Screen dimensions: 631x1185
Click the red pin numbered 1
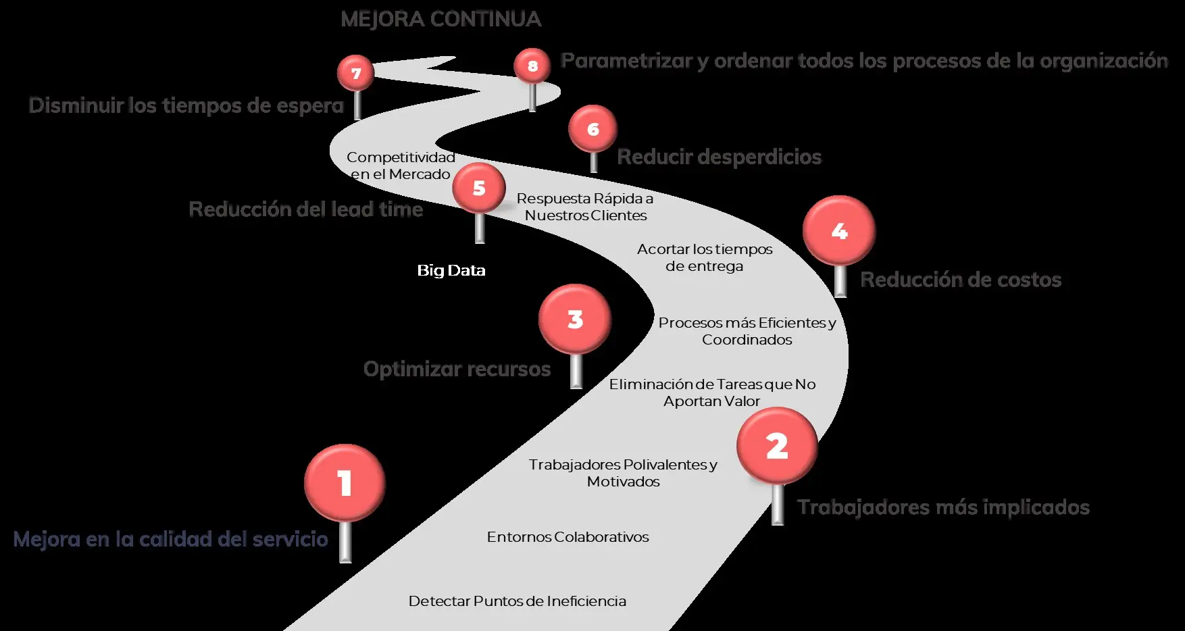tap(345, 482)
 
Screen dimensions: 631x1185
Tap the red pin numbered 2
tap(777, 446)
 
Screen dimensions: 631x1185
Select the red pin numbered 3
tap(575, 319)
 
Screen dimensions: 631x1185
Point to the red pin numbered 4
tap(839, 231)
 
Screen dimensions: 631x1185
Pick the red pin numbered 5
tap(479, 188)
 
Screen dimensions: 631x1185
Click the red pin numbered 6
tap(592, 128)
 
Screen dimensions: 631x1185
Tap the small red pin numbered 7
tap(356, 73)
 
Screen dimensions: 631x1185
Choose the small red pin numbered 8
tap(532, 66)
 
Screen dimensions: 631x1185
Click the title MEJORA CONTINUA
tap(441, 20)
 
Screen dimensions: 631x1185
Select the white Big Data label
tap(451, 270)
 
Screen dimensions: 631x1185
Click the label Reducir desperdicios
tap(719, 157)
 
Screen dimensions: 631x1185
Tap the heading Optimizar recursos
tap(457, 369)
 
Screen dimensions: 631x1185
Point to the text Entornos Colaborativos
tap(568, 537)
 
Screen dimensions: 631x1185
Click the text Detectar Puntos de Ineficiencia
tap(517, 601)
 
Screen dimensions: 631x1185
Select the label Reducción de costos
tap(960, 280)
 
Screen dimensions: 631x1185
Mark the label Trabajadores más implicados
tap(943, 507)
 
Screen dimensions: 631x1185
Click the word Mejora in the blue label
tap(46, 539)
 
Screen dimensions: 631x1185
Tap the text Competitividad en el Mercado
tap(401, 166)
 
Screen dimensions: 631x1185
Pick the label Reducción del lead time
tap(305, 209)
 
